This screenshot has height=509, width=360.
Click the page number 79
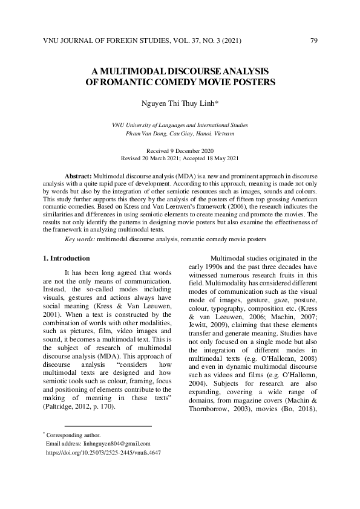313,41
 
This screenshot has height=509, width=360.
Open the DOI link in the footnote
103,452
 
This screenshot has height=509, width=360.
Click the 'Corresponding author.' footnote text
73,435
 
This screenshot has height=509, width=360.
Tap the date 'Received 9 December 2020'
180,150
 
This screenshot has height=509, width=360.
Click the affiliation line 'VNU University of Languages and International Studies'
180,125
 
